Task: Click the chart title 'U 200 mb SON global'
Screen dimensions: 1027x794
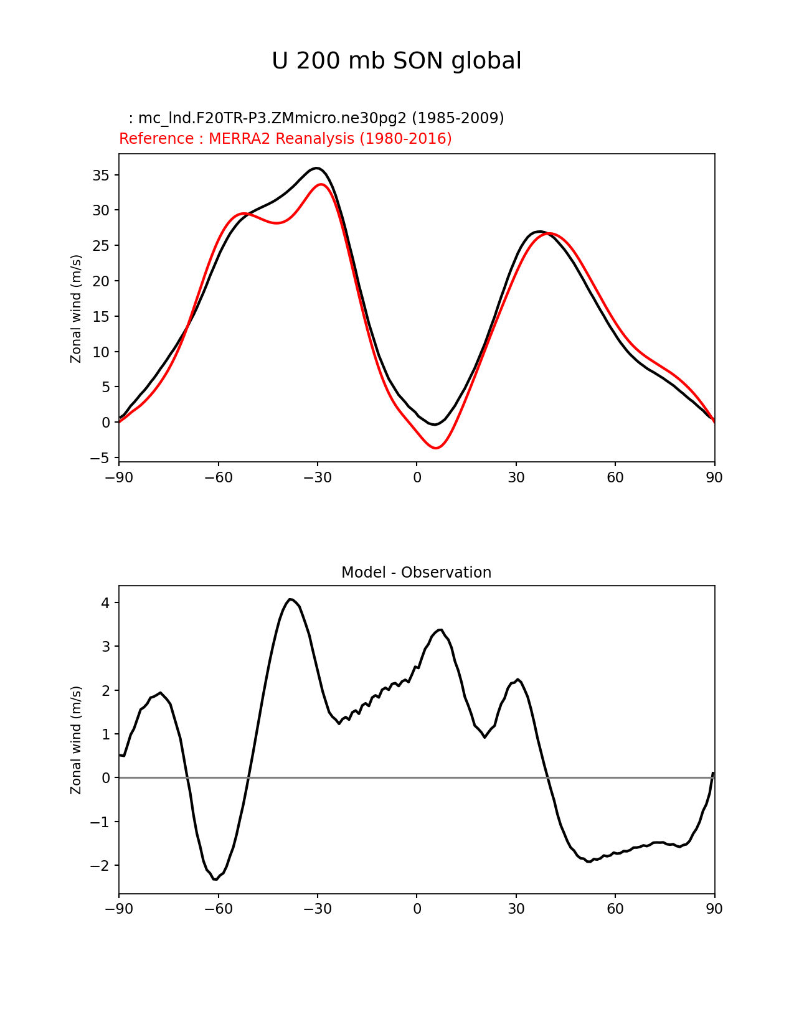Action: [x=397, y=61]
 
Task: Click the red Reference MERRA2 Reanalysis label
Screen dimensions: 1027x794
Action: [x=285, y=138]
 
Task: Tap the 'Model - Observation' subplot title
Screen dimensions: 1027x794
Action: [x=416, y=573]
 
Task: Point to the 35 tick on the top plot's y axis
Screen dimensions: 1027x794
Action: [x=101, y=176]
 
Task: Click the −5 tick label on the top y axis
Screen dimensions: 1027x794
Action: [x=100, y=458]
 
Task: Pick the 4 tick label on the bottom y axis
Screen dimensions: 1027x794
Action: [x=106, y=603]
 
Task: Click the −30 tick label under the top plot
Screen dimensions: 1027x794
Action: [x=317, y=477]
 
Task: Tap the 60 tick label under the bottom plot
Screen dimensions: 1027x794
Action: [x=615, y=909]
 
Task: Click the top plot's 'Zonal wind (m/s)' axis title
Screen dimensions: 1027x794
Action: [x=76, y=308]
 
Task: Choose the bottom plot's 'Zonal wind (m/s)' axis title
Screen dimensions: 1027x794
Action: [x=76, y=740]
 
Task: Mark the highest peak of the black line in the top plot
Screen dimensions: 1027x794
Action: [x=317, y=168]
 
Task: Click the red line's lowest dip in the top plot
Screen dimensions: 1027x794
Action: [x=436, y=448]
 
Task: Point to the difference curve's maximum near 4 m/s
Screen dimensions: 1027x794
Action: [x=290, y=599]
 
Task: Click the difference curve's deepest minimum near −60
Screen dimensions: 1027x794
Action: [x=215, y=879]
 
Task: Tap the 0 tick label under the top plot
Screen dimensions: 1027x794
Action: [x=417, y=477]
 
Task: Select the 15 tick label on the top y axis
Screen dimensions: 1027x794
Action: [x=101, y=317]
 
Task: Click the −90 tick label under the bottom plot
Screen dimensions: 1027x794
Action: [x=119, y=909]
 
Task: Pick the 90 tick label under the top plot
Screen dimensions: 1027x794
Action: [x=714, y=477]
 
